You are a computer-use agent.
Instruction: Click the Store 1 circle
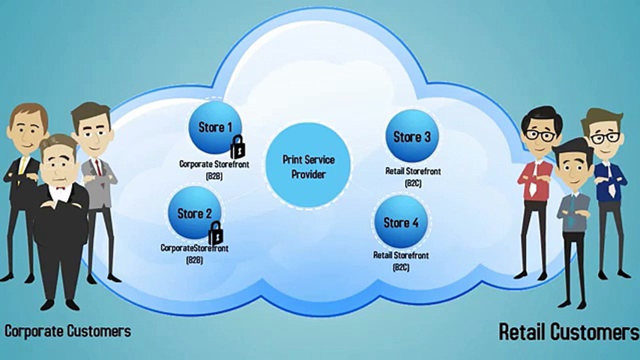(215, 127)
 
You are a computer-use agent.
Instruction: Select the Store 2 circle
(194, 213)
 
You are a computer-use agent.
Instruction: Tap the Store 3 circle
(411, 137)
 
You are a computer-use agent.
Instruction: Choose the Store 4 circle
(401, 221)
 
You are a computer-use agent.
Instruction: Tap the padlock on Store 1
(237, 147)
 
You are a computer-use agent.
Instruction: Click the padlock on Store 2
(215, 233)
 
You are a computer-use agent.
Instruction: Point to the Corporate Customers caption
(68, 331)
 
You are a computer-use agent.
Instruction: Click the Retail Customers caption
(568, 331)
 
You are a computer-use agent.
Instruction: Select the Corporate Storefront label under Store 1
(214, 164)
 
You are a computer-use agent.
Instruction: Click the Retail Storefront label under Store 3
(413, 171)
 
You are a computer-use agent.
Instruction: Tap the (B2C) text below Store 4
(401, 267)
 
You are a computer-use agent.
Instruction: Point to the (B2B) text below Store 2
(194, 260)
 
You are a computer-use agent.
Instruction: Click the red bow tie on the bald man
(60, 187)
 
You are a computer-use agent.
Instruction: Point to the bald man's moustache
(58, 179)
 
